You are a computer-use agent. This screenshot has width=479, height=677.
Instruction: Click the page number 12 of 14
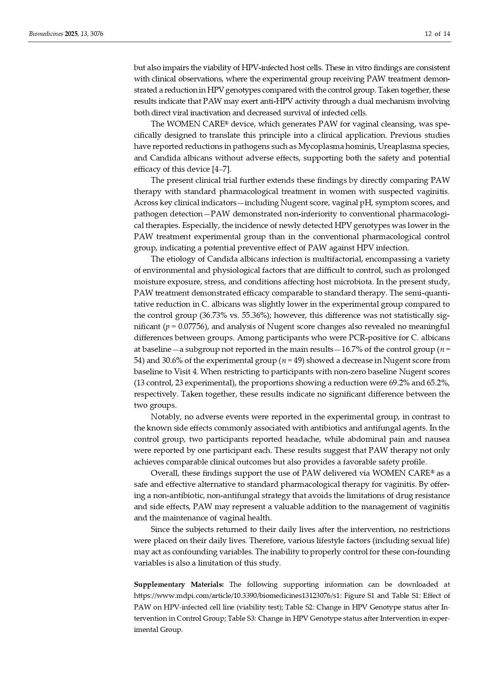pos(437,34)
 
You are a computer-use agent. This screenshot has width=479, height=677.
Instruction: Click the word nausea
pos(437,439)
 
